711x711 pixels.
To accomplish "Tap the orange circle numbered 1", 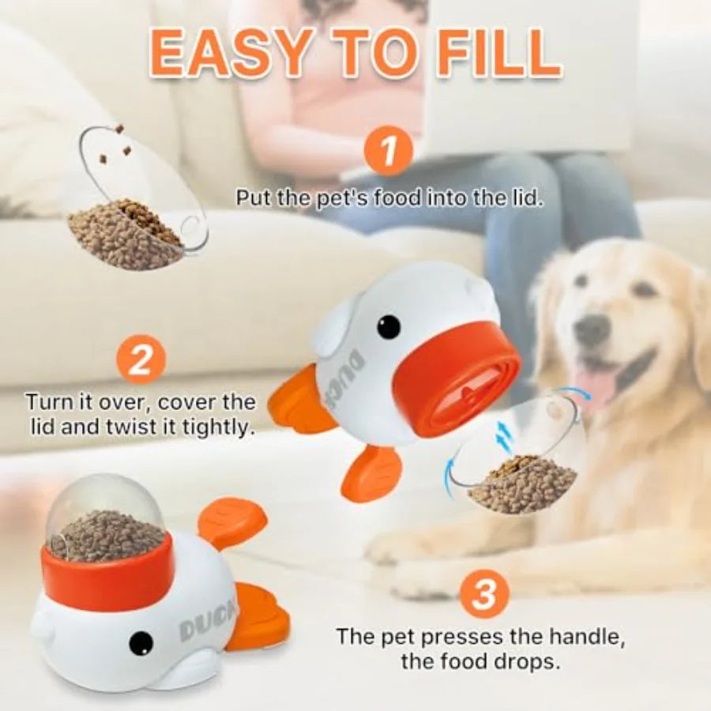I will coord(387,153).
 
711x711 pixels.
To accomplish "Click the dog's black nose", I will coord(592,330).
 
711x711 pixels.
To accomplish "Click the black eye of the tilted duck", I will coord(388,326).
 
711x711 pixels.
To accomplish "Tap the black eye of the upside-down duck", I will coord(141,641).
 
